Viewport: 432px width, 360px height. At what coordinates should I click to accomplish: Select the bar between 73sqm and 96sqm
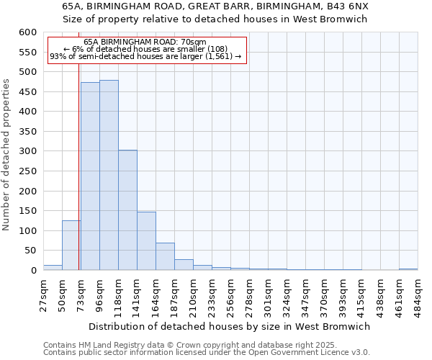pyautogui.click(x=90, y=176)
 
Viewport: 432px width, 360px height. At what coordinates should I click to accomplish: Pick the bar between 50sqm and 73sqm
pyautogui.click(x=71, y=246)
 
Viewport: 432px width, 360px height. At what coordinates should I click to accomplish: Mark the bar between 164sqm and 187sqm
pyautogui.click(x=165, y=256)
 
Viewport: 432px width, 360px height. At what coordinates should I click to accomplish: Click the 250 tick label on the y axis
pyautogui.click(x=27, y=171)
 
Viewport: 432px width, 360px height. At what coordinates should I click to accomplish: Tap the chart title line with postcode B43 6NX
pyautogui.click(x=215, y=6)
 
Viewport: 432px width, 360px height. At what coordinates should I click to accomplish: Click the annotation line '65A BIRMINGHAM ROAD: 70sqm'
pyautogui.click(x=145, y=42)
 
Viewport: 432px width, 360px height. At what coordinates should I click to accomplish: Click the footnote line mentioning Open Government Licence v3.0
pyautogui.click(x=207, y=353)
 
